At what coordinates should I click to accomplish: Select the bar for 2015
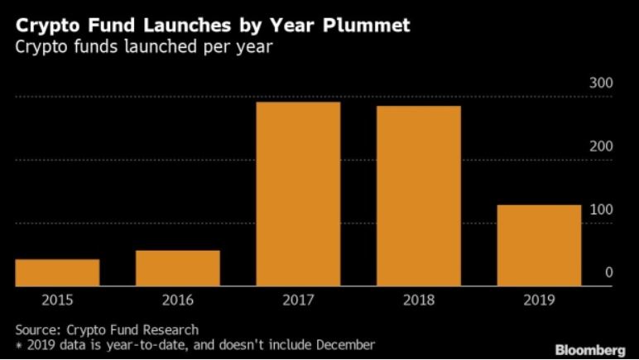point(57,272)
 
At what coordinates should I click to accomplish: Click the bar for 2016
point(178,268)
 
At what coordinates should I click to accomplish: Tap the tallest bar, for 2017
point(298,194)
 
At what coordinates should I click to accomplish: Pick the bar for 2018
point(419,196)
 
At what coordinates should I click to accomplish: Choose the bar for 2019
point(539,246)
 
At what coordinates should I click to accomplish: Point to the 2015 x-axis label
point(57,300)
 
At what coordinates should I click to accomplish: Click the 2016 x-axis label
point(178,300)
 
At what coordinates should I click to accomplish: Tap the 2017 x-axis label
point(298,300)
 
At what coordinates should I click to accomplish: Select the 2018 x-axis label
point(419,300)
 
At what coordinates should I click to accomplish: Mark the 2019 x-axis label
point(539,300)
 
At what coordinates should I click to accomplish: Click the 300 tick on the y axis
point(601,84)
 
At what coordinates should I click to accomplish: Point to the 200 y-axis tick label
point(601,146)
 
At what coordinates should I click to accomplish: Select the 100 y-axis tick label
point(601,209)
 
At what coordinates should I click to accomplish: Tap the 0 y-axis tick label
point(608,272)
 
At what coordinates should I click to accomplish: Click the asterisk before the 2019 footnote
point(18,343)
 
